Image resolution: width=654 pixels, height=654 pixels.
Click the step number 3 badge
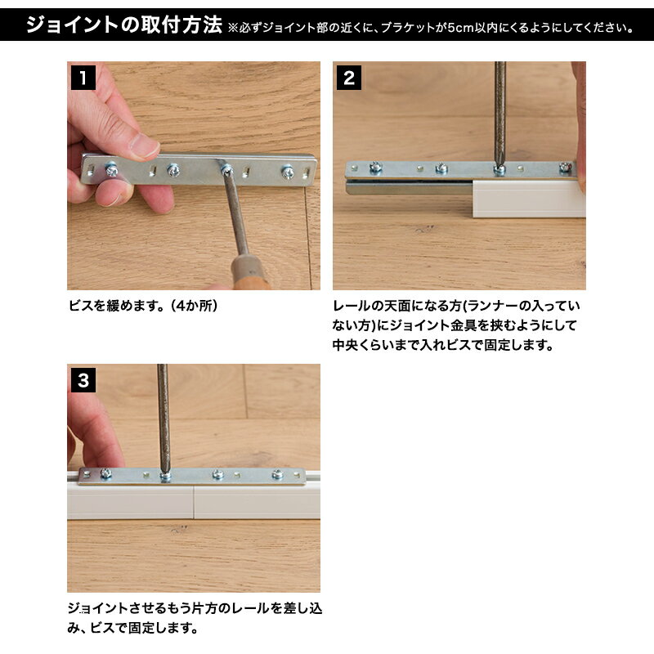83,380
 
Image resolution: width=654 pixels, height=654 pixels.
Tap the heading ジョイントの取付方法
123,25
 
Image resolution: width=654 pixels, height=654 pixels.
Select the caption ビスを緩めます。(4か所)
143,306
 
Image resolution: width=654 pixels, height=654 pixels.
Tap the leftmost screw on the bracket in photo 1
112,170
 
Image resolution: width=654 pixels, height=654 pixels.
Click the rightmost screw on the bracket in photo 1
288,172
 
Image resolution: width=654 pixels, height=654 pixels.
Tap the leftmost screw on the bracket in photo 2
375,168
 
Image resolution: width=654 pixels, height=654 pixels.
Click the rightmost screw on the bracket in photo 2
564,168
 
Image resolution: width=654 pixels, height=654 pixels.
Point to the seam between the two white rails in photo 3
194,502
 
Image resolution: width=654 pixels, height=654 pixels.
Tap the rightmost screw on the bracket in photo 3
278,473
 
